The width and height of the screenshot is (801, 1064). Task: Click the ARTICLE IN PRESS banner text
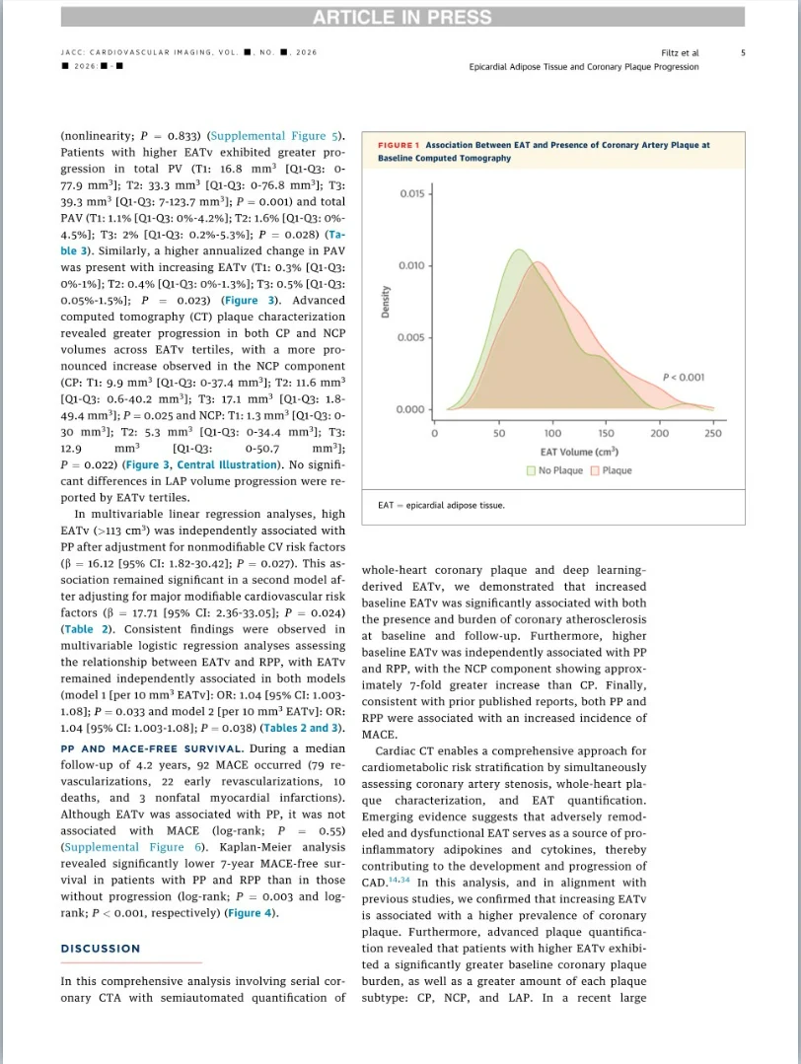(401, 17)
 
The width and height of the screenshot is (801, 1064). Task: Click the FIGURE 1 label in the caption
(399, 145)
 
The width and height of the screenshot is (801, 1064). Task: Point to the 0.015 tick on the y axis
(412, 193)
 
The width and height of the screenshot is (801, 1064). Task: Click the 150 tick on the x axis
(606, 433)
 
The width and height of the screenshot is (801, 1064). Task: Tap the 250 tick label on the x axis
(713, 433)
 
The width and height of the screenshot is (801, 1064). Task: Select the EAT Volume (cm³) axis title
(579, 452)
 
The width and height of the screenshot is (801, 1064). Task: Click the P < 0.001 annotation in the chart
(683, 377)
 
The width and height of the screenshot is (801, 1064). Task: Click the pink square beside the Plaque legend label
(595, 470)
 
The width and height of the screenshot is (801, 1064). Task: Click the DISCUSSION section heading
(101, 949)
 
